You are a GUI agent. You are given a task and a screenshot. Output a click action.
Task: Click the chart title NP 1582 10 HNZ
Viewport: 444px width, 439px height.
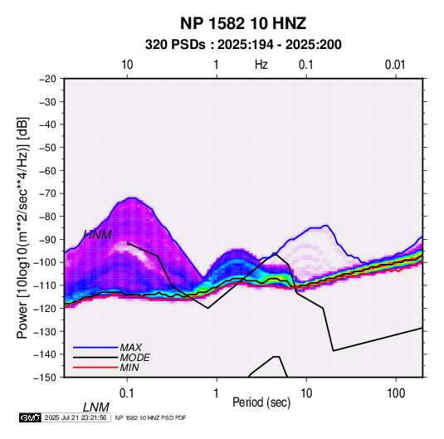pos(243,23)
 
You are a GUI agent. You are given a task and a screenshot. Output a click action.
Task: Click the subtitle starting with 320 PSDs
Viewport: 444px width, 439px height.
pos(243,45)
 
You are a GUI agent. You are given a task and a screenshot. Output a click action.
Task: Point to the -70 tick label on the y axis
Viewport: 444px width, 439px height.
pos(47,193)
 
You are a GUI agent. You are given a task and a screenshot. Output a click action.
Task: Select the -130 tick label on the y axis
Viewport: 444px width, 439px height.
pos(45,331)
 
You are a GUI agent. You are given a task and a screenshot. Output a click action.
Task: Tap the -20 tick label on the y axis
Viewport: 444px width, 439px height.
pos(47,79)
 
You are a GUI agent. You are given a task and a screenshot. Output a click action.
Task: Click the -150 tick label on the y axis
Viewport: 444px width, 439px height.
pos(45,378)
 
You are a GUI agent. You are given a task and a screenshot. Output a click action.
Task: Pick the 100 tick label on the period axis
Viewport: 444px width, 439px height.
pos(396,393)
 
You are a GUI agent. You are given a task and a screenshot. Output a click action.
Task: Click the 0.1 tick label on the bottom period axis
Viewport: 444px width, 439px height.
pos(127,393)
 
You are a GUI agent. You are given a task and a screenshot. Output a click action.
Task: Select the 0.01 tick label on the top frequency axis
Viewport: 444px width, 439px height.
pos(395,65)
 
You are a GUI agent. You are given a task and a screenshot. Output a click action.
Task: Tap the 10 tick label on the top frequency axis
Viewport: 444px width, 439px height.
pos(127,65)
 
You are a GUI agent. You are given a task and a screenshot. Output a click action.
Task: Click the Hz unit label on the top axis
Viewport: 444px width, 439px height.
pos(261,65)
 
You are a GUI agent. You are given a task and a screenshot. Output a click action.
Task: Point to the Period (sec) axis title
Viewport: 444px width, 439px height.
pos(261,402)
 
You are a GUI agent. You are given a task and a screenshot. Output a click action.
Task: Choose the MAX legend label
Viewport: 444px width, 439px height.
pos(131,348)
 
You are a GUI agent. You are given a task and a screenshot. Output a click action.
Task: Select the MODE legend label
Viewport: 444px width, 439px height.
pos(134,358)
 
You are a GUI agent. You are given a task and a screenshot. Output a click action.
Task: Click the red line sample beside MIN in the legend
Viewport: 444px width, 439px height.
pos(95,368)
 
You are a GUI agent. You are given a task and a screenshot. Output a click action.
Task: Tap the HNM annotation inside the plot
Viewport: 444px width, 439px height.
pos(98,235)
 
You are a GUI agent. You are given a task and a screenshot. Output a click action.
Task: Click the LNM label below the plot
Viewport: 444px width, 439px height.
pos(96,407)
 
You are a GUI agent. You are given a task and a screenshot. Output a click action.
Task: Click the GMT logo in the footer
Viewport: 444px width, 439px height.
pos(31,417)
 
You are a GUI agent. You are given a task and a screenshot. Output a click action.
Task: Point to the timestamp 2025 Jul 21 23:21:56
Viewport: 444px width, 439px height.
pos(76,417)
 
